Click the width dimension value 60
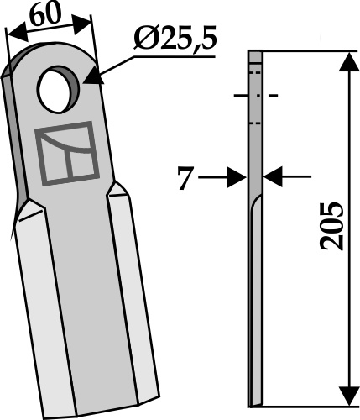pyautogui.click(x=45, y=13)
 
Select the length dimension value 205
pyautogui.click(x=331, y=226)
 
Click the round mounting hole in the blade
pyautogui.click(x=58, y=90)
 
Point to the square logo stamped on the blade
pyautogui.click(x=67, y=154)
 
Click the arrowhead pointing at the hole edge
pyautogui.click(x=93, y=77)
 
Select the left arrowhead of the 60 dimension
pyautogui.click(x=18, y=33)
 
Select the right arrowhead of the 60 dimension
pyautogui.click(x=82, y=24)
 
